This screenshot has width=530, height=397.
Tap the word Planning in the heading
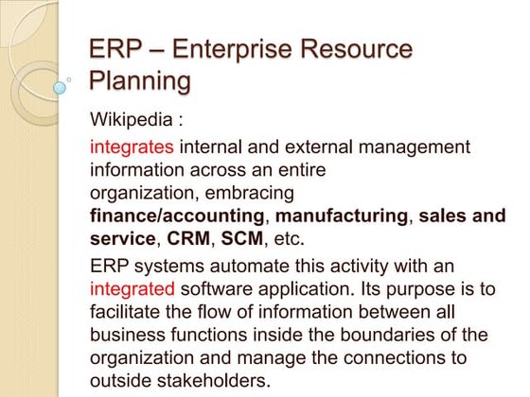pyautogui.click(x=140, y=82)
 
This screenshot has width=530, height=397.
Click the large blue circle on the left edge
pyautogui.click(x=62, y=87)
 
